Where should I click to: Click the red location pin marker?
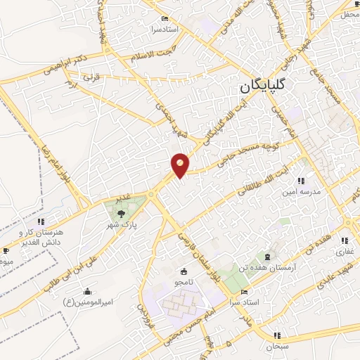tap(180, 165)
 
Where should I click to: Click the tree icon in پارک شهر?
tap(122, 212)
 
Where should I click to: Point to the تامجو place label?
tap(184, 282)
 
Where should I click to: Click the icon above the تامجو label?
tap(184, 271)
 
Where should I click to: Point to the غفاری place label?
tap(347, 250)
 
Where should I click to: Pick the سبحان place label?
tap(267, 347)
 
